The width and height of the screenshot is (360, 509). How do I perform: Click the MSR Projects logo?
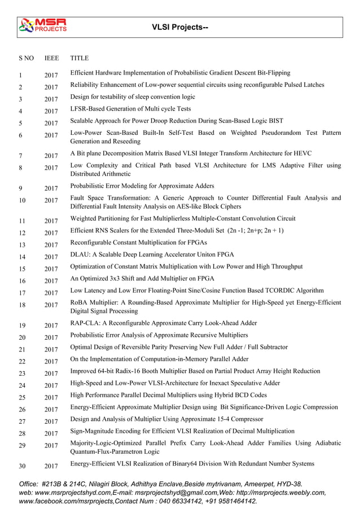click(43, 25)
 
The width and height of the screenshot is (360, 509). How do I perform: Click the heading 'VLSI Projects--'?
click(180, 27)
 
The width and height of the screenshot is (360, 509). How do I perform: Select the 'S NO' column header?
click(26, 58)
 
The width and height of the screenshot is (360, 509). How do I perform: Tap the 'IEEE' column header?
click(52, 58)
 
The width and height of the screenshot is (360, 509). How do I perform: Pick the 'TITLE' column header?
click(79, 58)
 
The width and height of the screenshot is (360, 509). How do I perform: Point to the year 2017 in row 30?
click(51, 466)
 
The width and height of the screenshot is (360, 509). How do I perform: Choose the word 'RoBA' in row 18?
click(80, 302)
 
